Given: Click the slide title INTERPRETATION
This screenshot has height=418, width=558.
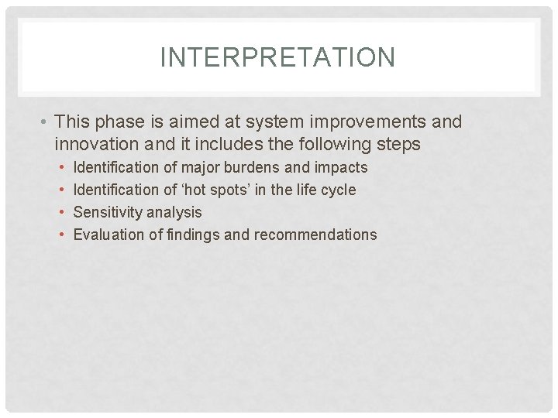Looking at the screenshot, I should (x=277, y=57).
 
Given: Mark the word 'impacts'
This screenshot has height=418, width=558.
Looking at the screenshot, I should (x=341, y=167).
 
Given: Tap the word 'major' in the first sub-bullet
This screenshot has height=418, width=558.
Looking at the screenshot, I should (x=201, y=167).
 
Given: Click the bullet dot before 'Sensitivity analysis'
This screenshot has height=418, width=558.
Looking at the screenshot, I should (x=61, y=212).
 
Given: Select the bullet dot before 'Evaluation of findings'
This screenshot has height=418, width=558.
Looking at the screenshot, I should (x=61, y=235).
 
